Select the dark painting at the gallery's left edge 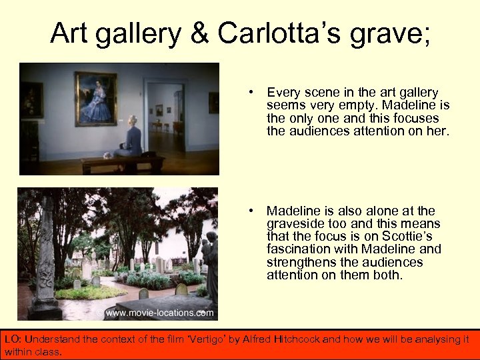pyautogui.click(x=31, y=100)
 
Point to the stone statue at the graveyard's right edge pyautogui.click(x=210, y=263)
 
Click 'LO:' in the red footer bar pyautogui.click(x=13, y=339)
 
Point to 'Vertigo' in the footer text pyautogui.click(x=209, y=339)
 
